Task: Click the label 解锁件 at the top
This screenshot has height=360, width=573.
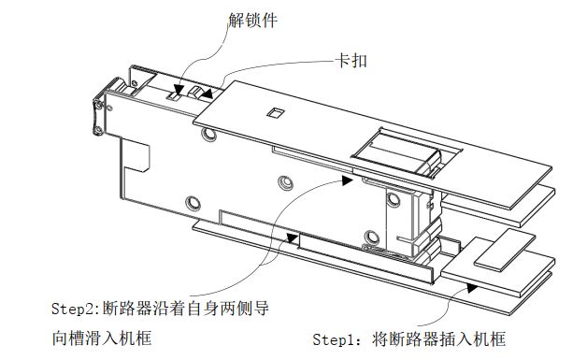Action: click(x=253, y=20)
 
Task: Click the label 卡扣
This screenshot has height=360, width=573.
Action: click(x=351, y=60)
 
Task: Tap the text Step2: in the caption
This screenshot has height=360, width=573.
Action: click(x=76, y=309)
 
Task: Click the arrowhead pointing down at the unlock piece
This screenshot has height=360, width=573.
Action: click(x=179, y=91)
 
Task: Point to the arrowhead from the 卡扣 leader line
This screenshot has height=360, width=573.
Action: click(x=207, y=94)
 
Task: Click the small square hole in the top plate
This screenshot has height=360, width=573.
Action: click(x=275, y=112)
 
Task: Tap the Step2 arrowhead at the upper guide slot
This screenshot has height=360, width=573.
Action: click(x=348, y=180)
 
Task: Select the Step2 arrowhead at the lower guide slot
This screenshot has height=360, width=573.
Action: click(x=293, y=238)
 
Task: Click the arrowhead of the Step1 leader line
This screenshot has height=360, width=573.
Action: click(x=472, y=288)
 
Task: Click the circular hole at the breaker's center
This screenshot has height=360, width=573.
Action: click(x=285, y=182)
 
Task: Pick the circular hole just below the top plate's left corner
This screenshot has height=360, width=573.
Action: click(x=208, y=134)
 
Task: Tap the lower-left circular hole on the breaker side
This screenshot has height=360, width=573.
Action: click(x=193, y=204)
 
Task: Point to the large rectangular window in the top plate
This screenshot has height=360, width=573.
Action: click(x=407, y=152)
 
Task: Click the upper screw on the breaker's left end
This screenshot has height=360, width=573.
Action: click(x=98, y=106)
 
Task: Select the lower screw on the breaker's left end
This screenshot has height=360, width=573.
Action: click(x=97, y=130)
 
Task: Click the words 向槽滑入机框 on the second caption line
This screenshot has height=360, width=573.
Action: click(x=102, y=338)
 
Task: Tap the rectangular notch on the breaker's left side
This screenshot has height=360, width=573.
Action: click(x=136, y=154)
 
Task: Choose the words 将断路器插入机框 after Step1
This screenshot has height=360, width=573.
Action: click(x=439, y=339)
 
